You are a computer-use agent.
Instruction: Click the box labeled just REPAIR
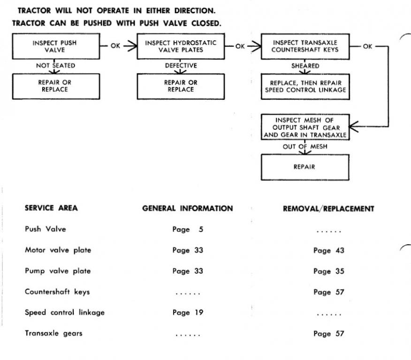click(305, 166)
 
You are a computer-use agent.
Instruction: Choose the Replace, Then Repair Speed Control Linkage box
click(305, 86)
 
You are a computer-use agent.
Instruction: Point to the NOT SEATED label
click(55, 66)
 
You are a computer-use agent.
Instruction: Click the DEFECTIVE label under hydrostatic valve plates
click(180, 66)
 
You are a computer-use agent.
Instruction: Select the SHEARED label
click(305, 66)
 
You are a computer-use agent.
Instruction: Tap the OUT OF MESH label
click(305, 146)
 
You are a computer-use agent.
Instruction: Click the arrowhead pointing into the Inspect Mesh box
click(355, 126)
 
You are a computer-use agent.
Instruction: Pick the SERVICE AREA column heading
click(51, 209)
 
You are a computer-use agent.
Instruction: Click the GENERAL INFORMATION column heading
click(188, 209)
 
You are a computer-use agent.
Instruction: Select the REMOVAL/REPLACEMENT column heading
click(328, 209)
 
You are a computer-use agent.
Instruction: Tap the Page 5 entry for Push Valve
click(188, 230)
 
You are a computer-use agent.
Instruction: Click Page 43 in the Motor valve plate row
click(328, 250)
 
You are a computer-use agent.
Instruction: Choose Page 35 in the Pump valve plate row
click(328, 271)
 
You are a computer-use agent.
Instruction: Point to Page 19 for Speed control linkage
click(188, 313)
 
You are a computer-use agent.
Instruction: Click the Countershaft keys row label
click(57, 292)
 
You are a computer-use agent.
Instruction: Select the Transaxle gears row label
click(53, 333)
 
